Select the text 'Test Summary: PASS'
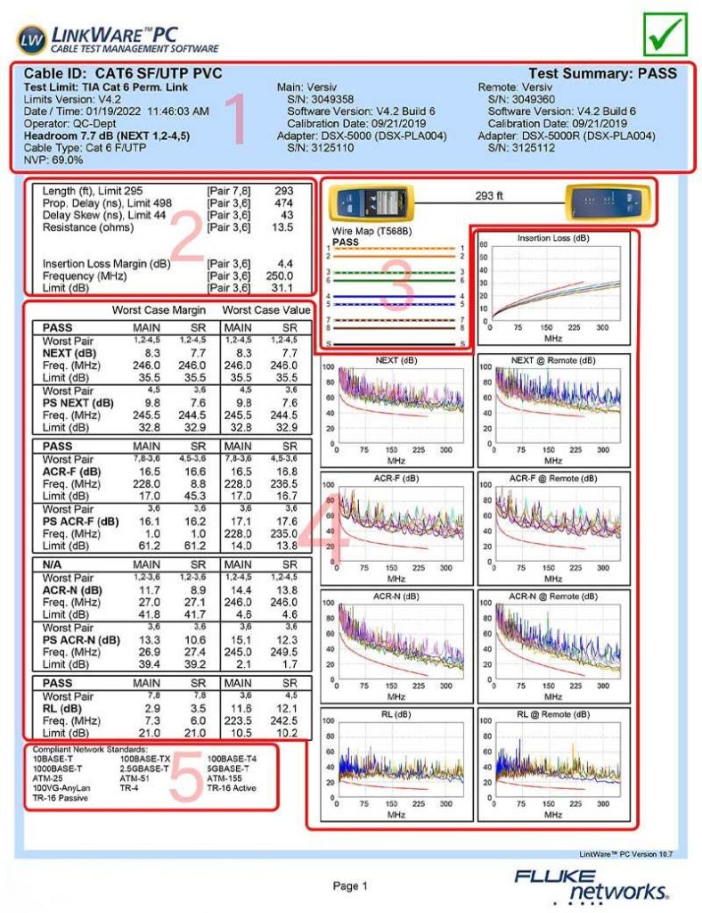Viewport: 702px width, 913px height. pos(602,73)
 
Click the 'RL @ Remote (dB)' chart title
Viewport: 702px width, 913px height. pos(553,714)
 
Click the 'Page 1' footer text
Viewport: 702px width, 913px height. pos(350,885)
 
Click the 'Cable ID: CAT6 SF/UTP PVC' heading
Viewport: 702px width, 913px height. pos(123,73)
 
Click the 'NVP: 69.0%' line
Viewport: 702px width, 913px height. pos(53,160)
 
